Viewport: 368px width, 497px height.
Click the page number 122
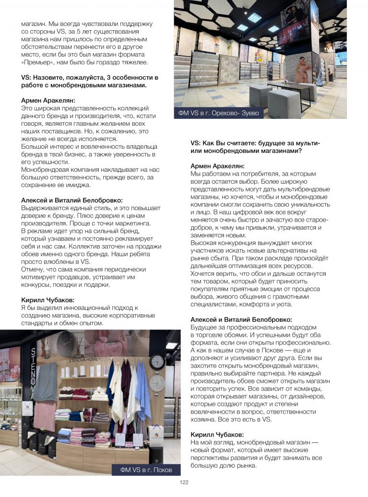point(184,483)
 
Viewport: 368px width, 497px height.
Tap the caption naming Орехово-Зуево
point(218,113)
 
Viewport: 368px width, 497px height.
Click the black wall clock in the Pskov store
point(157,361)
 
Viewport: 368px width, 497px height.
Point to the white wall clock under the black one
point(157,383)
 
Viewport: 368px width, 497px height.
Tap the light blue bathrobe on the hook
point(142,384)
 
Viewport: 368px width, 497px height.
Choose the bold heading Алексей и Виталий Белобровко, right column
point(241,319)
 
